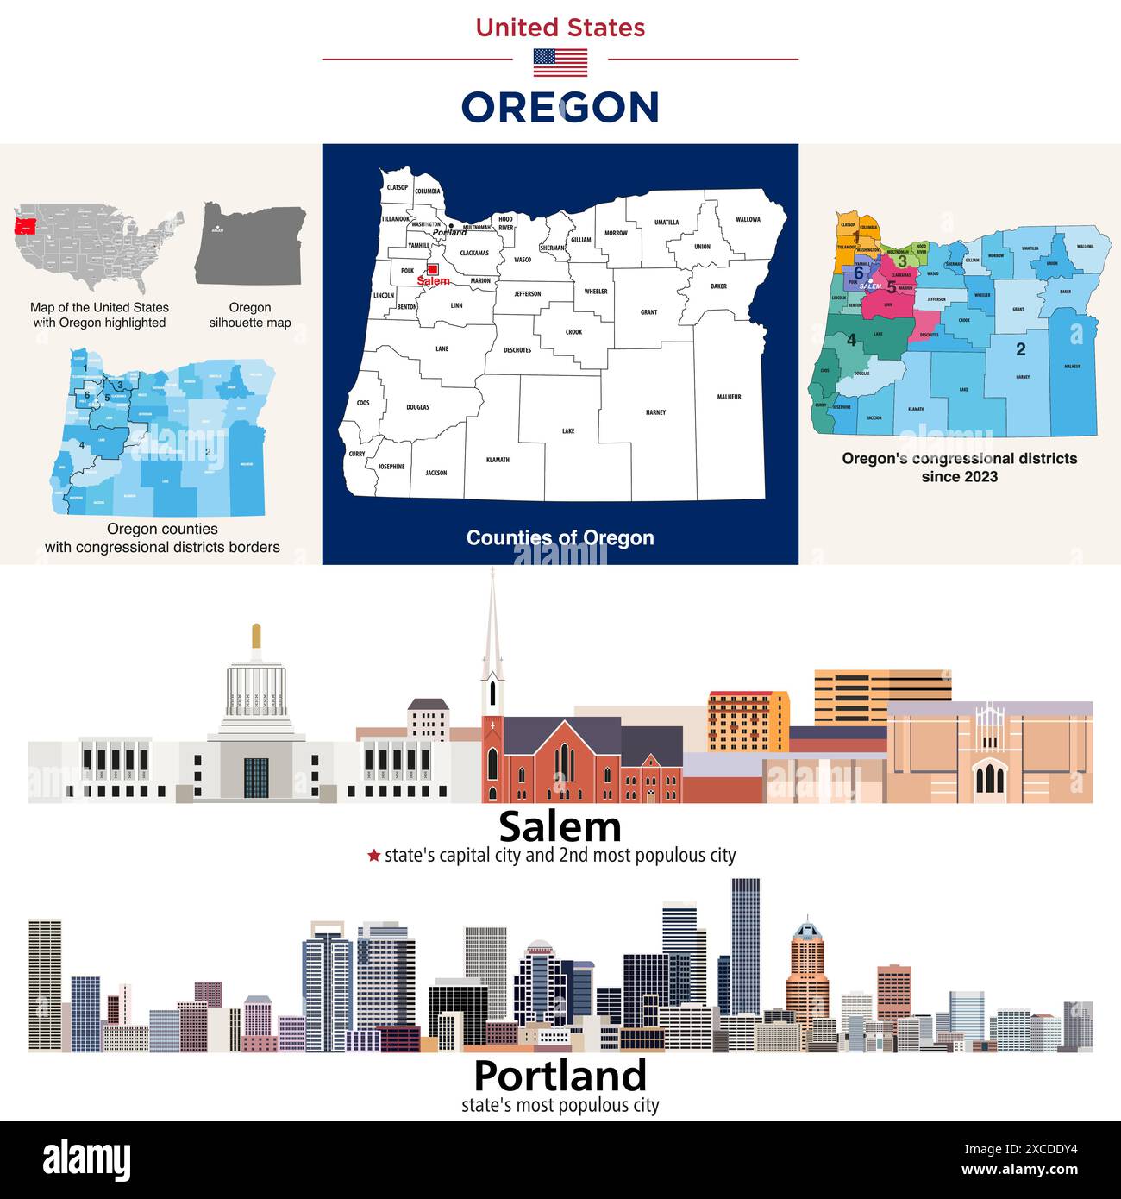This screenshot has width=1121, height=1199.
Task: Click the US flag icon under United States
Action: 560,62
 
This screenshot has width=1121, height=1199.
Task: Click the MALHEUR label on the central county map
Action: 729,397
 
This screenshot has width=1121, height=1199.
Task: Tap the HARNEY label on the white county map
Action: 655,412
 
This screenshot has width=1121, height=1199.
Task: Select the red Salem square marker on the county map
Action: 433,270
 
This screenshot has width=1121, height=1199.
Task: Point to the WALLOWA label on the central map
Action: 748,219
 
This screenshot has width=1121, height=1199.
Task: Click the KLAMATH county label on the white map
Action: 498,460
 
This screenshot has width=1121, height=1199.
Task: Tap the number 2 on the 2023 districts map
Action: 1020,349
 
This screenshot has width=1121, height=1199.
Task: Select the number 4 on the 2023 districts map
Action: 851,340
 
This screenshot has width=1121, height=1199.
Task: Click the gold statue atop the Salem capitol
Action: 255,637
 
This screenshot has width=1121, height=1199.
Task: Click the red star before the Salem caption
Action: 373,856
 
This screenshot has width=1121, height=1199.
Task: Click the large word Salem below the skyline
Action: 560,826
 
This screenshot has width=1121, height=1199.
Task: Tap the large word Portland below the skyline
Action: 560,1076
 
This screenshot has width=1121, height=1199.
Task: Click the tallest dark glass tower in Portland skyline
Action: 745,945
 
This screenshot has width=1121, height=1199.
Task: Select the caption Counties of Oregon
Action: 560,537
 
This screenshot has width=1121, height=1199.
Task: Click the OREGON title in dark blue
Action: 560,108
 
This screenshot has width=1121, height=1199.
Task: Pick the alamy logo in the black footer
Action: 86,1160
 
